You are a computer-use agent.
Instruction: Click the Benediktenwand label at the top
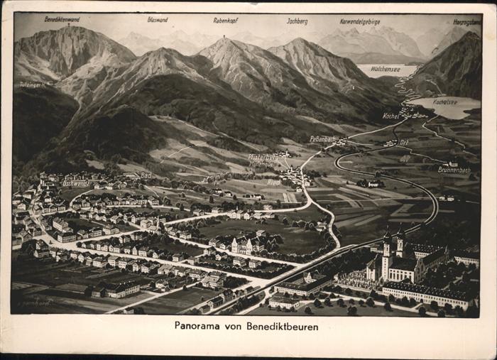tap(62, 19)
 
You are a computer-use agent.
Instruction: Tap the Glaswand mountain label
tap(158, 19)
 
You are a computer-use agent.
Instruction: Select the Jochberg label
tap(297, 21)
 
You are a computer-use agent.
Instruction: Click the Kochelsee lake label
tap(444, 102)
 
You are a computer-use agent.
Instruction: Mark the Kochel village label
tap(391, 116)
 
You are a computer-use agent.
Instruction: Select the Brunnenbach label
tap(454, 170)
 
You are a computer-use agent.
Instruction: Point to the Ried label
tap(273, 182)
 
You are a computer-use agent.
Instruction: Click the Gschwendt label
tap(76, 183)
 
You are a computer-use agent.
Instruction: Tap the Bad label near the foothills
tap(146, 175)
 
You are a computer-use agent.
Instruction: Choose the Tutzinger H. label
tap(31, 84)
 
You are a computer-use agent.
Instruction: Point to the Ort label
tap(404, 142)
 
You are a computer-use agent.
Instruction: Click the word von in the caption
tap(235, 327)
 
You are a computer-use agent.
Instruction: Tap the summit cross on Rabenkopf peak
tap(225, 37)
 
